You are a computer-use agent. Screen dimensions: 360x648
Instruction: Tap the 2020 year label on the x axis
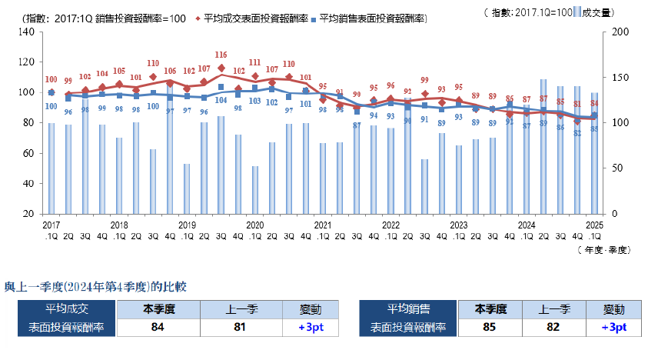pyautogui.click(x=254, y=225)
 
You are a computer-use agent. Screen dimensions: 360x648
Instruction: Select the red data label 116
pyautogui.click(x=221, y=55)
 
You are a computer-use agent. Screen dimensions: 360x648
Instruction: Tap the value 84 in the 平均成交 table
pyautogui.click(x=157, y=327)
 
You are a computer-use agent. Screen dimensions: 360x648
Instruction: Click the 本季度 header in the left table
pyautogui.click(x=157, y=309)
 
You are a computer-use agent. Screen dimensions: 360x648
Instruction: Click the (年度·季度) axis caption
pyautogui.click(x=601, y=249)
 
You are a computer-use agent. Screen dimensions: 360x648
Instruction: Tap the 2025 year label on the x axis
pyautogui.click(x=594, y=225)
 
